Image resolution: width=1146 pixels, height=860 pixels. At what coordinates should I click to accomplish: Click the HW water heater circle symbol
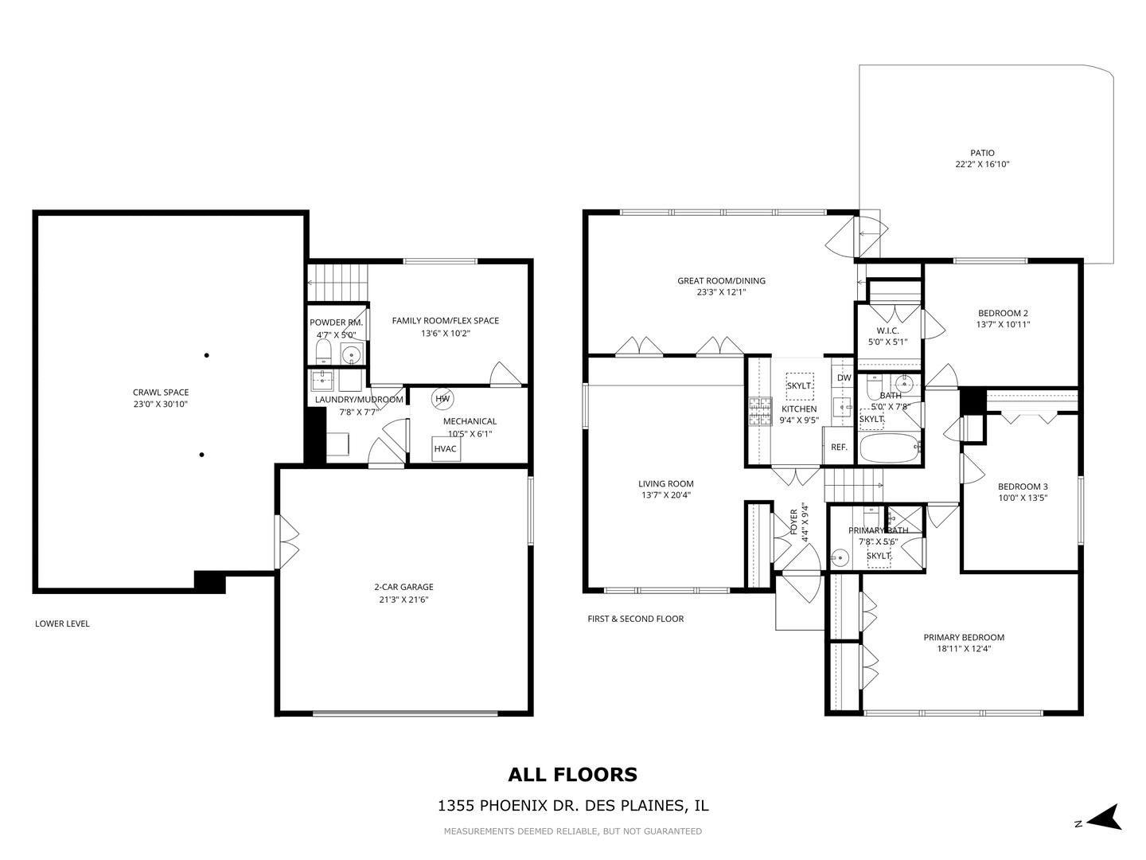[x=442, y=398]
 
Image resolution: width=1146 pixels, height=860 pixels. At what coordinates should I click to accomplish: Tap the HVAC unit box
[x=446, y=448]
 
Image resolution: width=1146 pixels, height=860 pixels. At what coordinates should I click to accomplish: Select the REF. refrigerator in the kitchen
[x=839, y=447]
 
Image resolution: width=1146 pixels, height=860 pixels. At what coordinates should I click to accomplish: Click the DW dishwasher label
[x=844, y=377]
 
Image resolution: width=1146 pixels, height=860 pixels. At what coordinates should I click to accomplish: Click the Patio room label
[x=982, y=153]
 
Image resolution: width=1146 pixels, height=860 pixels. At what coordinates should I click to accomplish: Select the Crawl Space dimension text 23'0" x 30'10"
[x=161, y=405]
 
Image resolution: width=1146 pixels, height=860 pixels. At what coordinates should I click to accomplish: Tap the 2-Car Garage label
[x=403, y=588]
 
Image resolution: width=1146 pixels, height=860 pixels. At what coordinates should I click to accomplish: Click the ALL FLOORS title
[x=572, y=774]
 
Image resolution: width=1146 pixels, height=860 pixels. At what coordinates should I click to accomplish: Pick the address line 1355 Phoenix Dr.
[x=572, y=806]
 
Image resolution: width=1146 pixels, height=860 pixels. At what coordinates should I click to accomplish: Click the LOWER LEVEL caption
[x=62, y=623]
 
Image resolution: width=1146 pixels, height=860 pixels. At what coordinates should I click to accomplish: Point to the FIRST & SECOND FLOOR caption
[x=635, y=619]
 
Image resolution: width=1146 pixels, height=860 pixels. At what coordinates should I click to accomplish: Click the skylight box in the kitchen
[x=799, y=385]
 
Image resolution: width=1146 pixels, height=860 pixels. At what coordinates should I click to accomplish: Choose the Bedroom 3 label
[x=1023, y=487]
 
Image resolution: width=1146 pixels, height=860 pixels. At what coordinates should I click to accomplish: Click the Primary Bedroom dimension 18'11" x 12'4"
[x=964, y=649]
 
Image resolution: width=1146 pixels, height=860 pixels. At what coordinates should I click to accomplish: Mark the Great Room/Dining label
[x=721, y=280]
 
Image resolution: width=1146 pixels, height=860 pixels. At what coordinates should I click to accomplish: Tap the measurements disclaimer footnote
[x=572, y=831]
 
